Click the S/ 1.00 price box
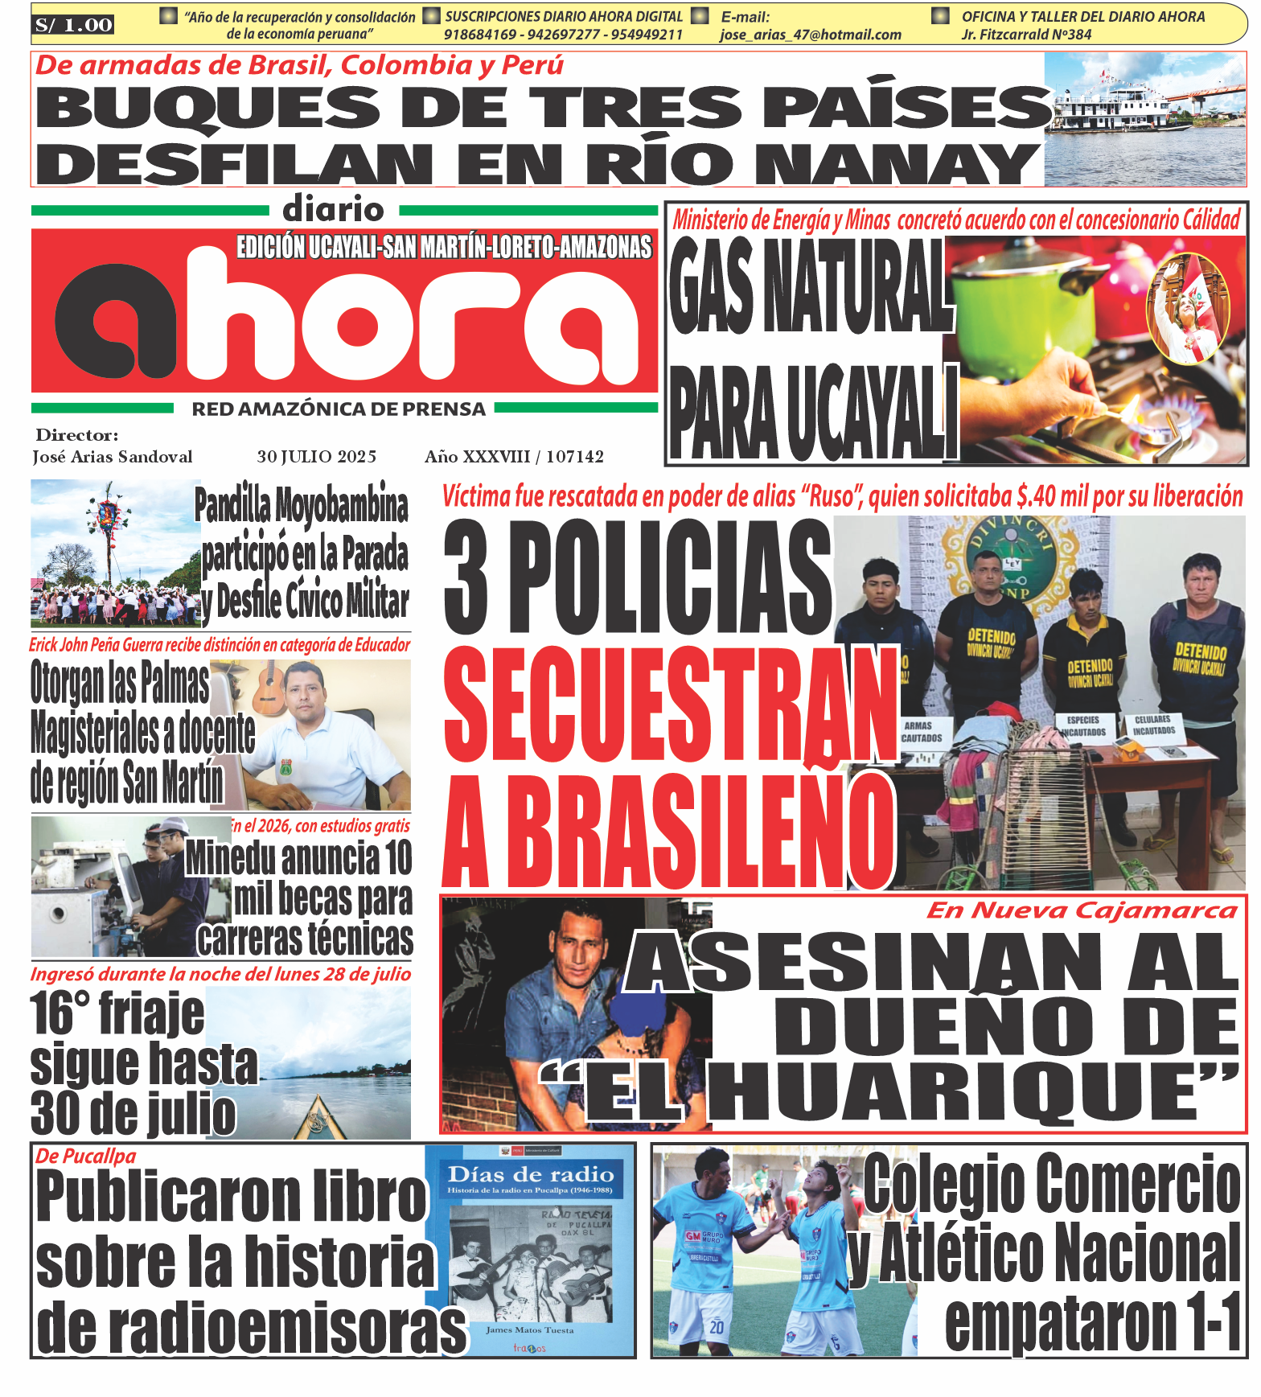click(x=73, y=25)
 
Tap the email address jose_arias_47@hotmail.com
click(x=810, y=35)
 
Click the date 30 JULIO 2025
click(x=316, y=457)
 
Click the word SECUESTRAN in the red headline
click(x=670, y=705)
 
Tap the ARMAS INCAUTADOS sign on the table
click(x=921, y=732)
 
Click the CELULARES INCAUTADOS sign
click(x=1154, y=725)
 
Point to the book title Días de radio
click(x=530, y=1175)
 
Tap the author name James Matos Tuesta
click(x=529, y=1330)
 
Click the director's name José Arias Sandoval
click(x=112, y=457)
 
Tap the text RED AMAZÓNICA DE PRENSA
click(x=339, y=409)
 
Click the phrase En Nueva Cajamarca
click(x=1081, y=910)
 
